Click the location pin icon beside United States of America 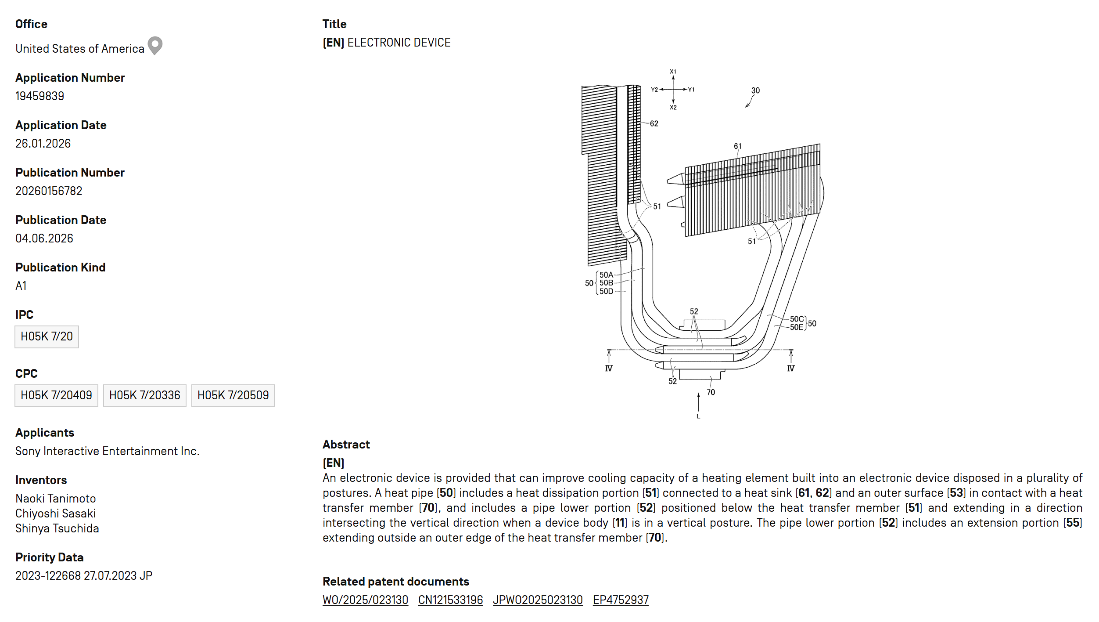click(x=155, y=45)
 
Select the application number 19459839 click(x=40, y=96)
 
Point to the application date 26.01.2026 click(x=43, y=144)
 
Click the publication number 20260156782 click(x=49, y=191)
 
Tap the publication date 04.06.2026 click(x=44, y=239)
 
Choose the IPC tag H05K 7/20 click(x=47, y=337)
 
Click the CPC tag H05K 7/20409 click(x=56, y=396)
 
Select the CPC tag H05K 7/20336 click(x=145, y=396)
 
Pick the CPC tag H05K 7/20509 click(x=233, y=396)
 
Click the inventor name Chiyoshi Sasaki click(x=56, y=514)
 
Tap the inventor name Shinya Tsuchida click(x=57, y=528)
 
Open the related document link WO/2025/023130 click(x=365, y=600)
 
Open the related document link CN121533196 click(x=450, y=600)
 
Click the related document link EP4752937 click(x=621, y=600)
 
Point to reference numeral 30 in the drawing click(x=755, y=90)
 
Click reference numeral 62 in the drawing click(x=654, y=124)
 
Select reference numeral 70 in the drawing click(x=711, y=392)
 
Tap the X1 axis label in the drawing click(x=673, y=72)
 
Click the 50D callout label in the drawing click(x=607, y=291)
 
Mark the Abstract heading click(x=346, y=445)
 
